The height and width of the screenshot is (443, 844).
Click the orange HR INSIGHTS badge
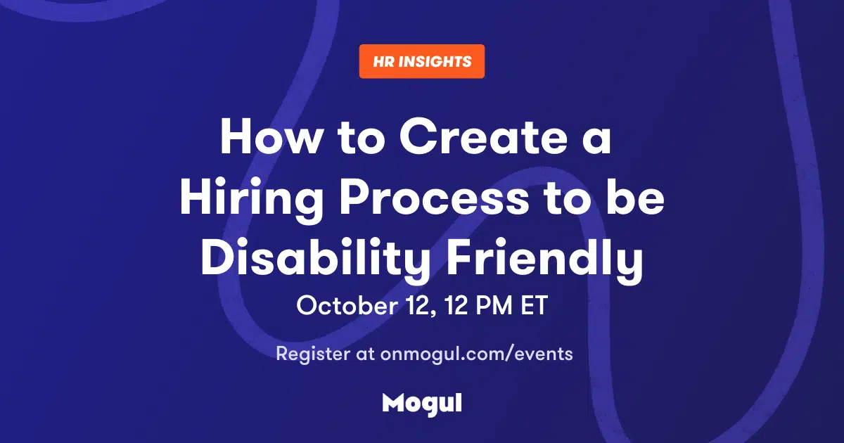pyautogui.click(x=421, y=61)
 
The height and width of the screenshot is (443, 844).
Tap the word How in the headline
pyautogui.click(x=270, y=136)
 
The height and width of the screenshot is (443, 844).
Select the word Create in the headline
pyautogui.click(x=483, y=136)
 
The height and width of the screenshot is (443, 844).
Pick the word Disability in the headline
pyautogui.click(x=316, y=260)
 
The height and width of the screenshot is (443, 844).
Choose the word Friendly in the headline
pyautogui.click(x=544, y=260)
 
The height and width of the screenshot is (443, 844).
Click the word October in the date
pyautogui.click(x=347, y=305)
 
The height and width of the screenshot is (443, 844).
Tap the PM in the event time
pyautogui.click(x=494, y=305)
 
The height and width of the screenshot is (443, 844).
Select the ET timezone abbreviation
pyautogui.click(x=534, y=305)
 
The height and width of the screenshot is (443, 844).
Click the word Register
pyautogui.click(x=313, y=354)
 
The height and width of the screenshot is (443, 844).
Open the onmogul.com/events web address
pyautogui.click(x=476, y=354)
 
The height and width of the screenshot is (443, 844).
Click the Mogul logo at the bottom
pyautogui.click(x=422, y=404)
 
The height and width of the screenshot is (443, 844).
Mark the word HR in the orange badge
pyautogui.click(x=384, y=61)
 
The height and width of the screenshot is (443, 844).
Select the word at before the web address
pyautogui.click(x=365, y=354)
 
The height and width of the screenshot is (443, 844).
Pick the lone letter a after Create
pyautogui.click(x=597, y=141)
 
